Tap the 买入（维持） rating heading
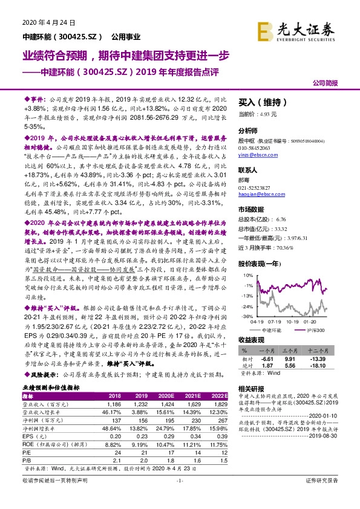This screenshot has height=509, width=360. click(x=257, y=103)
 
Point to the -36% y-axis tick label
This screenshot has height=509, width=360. click(x=247, y=315)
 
